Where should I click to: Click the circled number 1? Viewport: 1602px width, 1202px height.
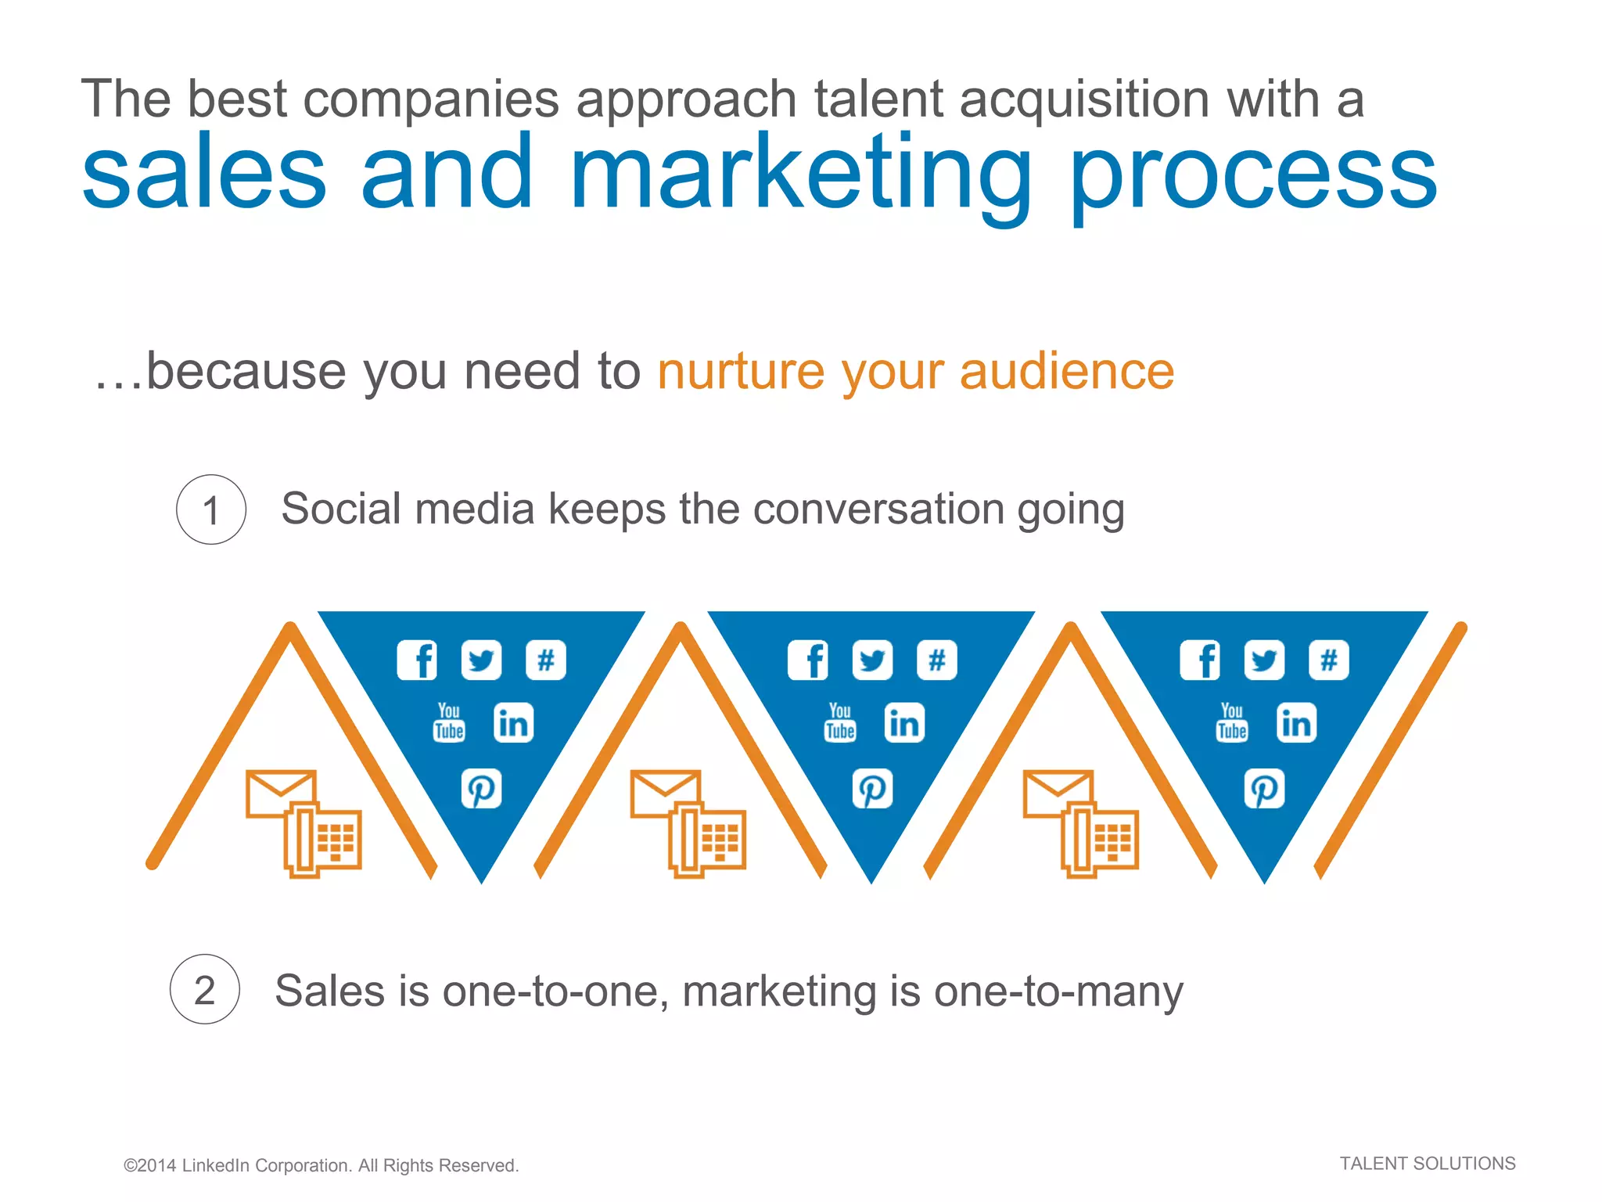[x=210, y=509]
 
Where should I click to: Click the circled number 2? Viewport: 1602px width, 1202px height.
[x=204, y=989]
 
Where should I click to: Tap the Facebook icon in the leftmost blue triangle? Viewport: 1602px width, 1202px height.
[x=417, y=660]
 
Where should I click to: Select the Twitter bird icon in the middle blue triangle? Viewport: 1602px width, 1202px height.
[x=872, y=660]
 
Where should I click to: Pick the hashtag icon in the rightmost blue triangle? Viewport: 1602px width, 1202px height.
[x=1328, y=660]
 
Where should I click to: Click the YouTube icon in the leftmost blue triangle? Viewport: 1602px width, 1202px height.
[x=449, y=722]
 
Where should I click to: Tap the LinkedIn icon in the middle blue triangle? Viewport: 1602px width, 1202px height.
[x=904, y=722]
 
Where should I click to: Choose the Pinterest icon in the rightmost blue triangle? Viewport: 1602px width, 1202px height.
[x=1264, y=789]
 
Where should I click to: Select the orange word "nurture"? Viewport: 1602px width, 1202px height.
[x=741, y=371]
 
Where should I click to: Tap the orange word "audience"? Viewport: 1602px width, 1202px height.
[x=1067, y=371]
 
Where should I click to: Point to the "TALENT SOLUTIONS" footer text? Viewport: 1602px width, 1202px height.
[x=1427, y=1164]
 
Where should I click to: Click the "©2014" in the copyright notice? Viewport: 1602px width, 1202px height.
[x=149, y=1165]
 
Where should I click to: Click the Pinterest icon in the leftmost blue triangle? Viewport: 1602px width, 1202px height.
[x=481, y=789]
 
